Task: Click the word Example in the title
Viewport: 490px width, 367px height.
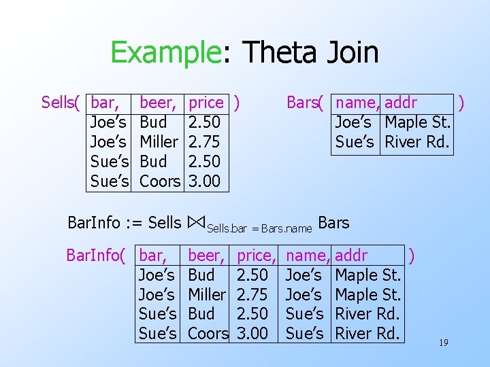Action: coord(165,52)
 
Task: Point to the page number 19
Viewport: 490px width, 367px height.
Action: coord(443,343)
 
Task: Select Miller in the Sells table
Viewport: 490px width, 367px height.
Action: coord(159,142)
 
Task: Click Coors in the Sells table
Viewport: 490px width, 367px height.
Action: coord(160,181)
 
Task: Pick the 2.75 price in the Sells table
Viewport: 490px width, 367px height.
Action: coord(204,142)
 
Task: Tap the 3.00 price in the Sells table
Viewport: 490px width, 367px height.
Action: coord(204,181)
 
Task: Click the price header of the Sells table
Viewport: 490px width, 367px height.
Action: coord(206,103)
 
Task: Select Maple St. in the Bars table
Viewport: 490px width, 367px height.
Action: coord(418,123)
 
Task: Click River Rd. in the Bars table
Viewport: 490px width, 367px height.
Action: coord(416,143)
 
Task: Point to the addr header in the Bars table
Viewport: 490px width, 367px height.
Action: coord(401,103)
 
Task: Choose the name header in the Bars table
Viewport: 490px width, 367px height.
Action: coord(357,103)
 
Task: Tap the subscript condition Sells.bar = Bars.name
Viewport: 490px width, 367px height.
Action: coord(259,229)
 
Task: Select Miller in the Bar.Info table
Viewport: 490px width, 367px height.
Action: coord(207,294)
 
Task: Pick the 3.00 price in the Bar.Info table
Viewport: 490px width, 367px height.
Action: coord(252,334)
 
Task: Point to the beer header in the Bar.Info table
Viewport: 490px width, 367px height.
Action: coord(206,256)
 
